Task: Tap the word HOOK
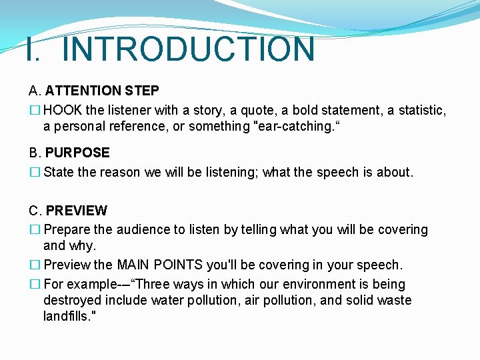pyautogui.click(x=65, y=109)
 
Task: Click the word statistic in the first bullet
pyautogui.click(x=422, y=109)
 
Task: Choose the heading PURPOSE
pyautogui.click(x=77, y=153)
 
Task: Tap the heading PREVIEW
pyautogui.click(x=76, y=211)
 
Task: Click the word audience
pyautogui.click(x=143, y=229)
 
